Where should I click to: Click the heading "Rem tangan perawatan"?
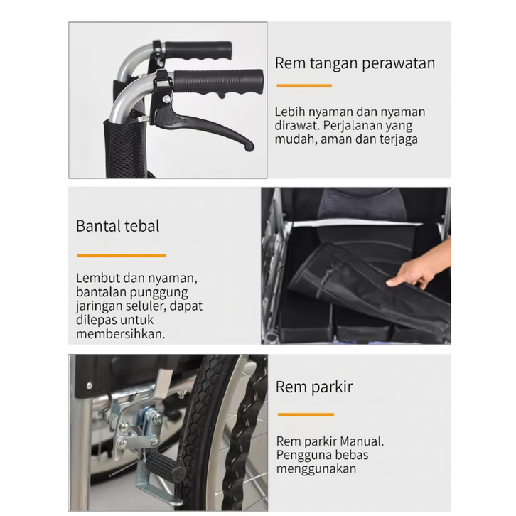[x=355, y=63]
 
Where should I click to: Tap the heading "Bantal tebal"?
[x=117, y=227]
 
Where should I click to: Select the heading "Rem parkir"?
[x=314, y=387]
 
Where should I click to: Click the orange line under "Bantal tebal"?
[x=122, y=255]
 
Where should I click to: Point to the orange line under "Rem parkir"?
[x=306, y=414]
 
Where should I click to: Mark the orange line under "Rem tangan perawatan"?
[x=304, y=85]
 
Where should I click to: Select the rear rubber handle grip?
[x=198, y=49]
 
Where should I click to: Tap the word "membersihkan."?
[x=120, y=334]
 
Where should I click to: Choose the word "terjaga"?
[x=399, y=139]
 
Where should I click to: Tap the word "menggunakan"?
[x=316, y=469]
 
